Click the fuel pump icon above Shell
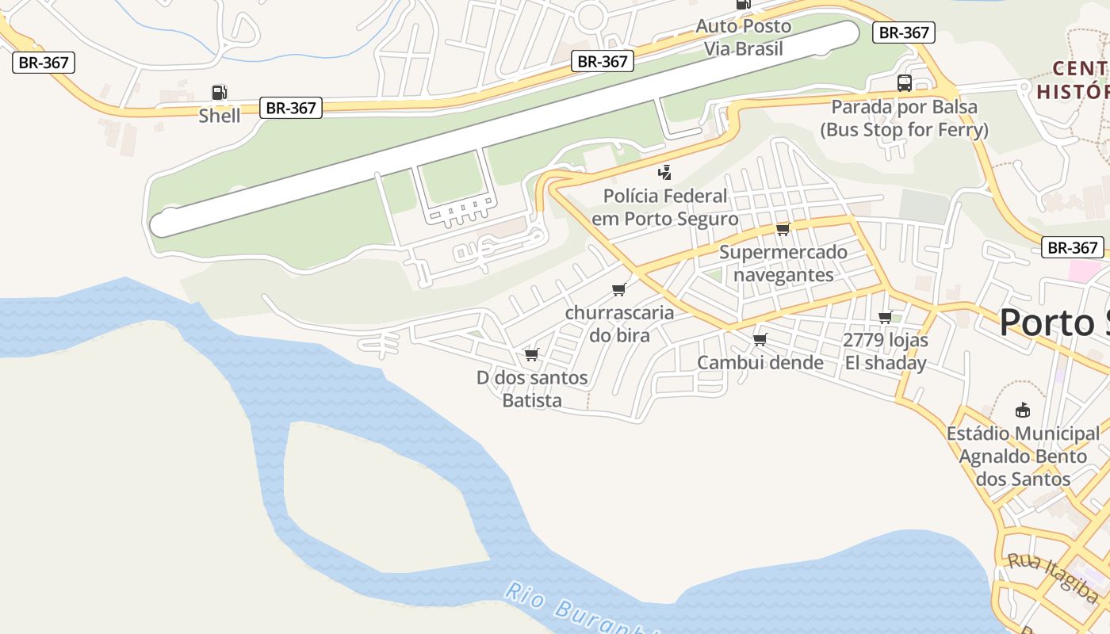tap(220, 93)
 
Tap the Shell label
tap(220, 116)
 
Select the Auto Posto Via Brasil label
tap(744, 37)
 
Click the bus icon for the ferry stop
tap(904, 83)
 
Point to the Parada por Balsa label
tap(904, 118)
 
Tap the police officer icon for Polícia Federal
tap(664, 172)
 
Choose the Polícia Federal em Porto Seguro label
tap(664, 207)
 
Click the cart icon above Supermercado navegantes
tap(783, 229)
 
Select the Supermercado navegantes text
tap(783, 263)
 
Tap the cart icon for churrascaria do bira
tap(619, 289)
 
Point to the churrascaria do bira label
tap(619, 323)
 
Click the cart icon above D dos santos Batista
tap(531, 354)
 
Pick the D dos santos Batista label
tap(532, 388)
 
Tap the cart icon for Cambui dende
tap(760, 339)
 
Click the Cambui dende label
tap(760, 362)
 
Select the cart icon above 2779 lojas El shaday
tap(885, 317)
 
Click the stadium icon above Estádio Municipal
tap(1023, 411)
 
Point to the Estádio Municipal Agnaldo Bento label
tap(1023, 456)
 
